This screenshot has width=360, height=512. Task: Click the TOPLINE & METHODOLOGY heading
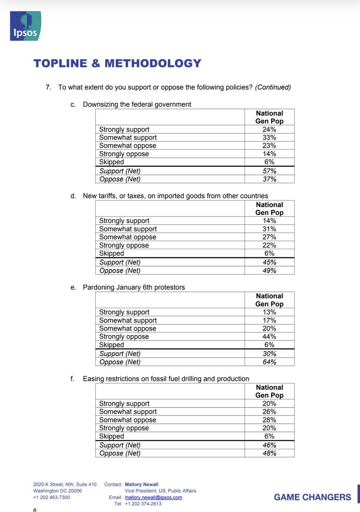[117, 63]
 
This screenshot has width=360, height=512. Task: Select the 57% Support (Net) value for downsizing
[269, 171]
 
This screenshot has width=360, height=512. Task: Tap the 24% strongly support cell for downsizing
[269, 129]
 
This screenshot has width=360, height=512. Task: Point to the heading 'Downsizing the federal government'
[137, 105]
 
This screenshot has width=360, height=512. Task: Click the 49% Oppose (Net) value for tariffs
[269, 271]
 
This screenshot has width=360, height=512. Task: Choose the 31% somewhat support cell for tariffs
[269, 229]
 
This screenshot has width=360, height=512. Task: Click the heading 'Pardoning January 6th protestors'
[134, 287]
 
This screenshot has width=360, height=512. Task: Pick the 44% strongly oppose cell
[269, 337]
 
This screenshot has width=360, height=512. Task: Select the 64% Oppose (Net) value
[269, 362]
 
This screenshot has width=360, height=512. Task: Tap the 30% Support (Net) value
[269, 354]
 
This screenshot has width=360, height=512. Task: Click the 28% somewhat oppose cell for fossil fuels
[269, 420]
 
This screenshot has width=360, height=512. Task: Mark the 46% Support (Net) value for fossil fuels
[269, 445]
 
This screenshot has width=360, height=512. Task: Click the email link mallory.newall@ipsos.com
[153, 497]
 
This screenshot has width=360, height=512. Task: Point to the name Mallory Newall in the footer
[141, 485]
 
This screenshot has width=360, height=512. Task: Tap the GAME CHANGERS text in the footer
[312, 497]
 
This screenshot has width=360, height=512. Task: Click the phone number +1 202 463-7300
[52, 497]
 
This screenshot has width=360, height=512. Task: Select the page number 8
[35, 509]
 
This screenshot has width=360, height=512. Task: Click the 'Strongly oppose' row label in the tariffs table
[124, 245]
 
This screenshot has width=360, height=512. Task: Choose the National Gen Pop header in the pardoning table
[269, 300]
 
